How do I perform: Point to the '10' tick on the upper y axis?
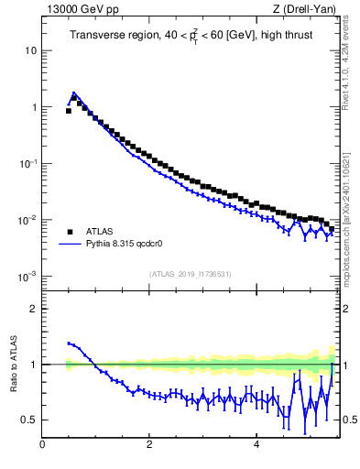(31, 50)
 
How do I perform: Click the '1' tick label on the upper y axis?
(34, 107)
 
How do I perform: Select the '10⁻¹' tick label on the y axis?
(29, 163)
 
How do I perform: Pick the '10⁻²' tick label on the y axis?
(29, 220)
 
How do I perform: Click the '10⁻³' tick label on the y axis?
(29, 276)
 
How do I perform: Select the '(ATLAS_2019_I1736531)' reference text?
(190, 274)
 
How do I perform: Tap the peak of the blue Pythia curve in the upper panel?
(74, 93)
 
